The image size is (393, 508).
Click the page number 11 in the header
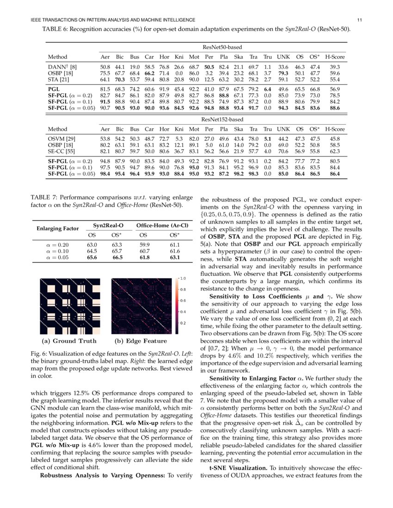(359, 20)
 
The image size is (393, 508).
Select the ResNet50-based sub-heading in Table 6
(223, 47)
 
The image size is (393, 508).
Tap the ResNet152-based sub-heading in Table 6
(222, 119)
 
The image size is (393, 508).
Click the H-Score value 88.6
(334, 108)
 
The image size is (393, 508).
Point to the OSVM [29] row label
(61, 139)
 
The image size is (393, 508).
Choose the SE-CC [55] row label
(62, 151)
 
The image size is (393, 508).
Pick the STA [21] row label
(59, 79)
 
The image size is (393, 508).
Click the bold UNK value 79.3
(283, 73)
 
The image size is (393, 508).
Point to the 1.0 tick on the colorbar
(183, 278)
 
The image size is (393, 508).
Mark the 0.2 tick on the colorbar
(183, 323)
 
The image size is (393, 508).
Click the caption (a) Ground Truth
(69, 341)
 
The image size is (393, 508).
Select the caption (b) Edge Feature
(140, 341)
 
